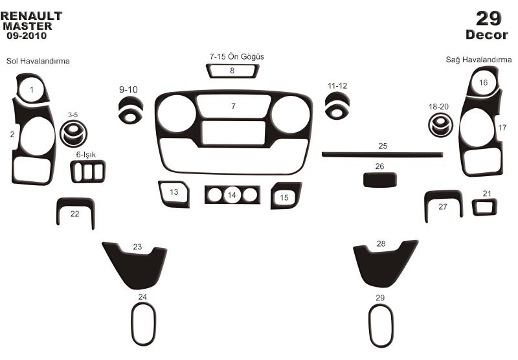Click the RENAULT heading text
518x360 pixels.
click(x=31, y=16)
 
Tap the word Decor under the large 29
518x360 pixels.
click(x=487, y=35)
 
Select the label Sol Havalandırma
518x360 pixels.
click(x=38, y=61)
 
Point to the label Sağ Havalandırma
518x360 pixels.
click(x=479, y=60)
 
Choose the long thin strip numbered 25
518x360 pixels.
click(x=382, y=154)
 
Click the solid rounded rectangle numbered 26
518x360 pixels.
click(x=380, y=180)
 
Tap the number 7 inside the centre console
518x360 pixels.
click(x=234, y=106)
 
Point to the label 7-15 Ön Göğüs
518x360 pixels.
click(x=237, y=56)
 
